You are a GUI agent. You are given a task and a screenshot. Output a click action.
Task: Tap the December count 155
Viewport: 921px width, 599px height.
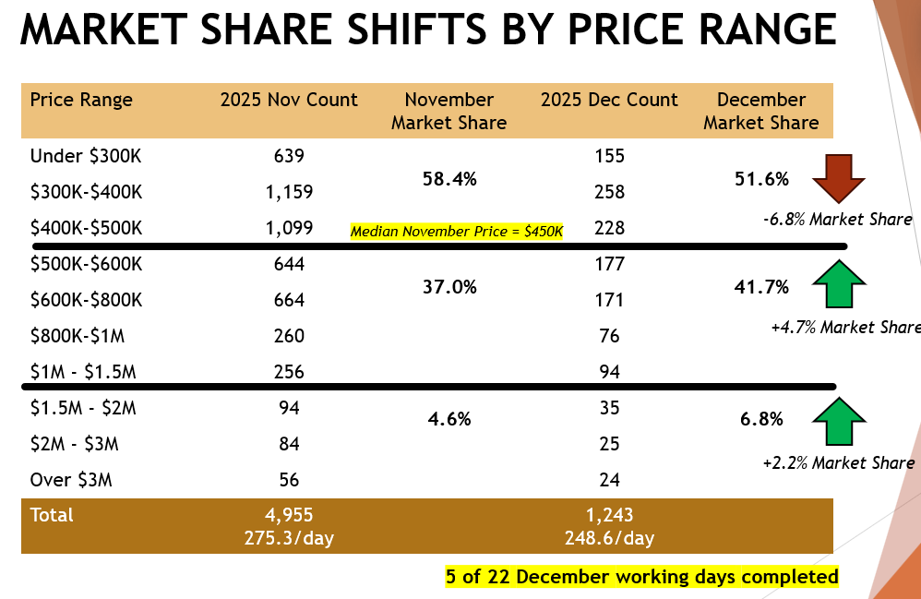click(609, 156)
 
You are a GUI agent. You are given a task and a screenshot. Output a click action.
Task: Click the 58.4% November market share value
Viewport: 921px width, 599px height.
click(450, 179)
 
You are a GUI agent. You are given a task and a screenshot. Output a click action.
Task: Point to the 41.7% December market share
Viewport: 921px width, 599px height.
click(762, 287)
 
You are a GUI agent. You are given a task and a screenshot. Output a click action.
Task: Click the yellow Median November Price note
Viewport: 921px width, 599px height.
click(456, 232)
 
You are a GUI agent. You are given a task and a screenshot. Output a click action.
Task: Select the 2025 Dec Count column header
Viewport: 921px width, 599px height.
click(609, 100)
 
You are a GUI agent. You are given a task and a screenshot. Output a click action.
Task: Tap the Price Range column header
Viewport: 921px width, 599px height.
click(81, 100)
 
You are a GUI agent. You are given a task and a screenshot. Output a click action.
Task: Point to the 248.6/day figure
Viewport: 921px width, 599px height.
click(609, 537)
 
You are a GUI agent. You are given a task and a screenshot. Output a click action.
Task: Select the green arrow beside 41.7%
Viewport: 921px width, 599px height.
click(838, 283)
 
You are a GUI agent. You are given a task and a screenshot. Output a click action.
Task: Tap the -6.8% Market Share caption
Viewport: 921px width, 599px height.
click(838, 220)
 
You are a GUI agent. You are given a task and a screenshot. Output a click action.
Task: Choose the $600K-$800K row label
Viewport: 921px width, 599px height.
click(87, 299)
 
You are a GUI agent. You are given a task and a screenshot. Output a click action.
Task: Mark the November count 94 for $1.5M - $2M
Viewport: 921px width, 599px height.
click(289, 408)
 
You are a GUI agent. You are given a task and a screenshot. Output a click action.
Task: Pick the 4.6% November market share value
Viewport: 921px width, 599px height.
click(450, 419)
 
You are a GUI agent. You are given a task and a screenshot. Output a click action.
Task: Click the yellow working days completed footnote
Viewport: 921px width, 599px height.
click(641, 577)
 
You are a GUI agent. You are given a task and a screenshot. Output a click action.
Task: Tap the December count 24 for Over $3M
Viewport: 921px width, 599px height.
click(609, 479)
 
